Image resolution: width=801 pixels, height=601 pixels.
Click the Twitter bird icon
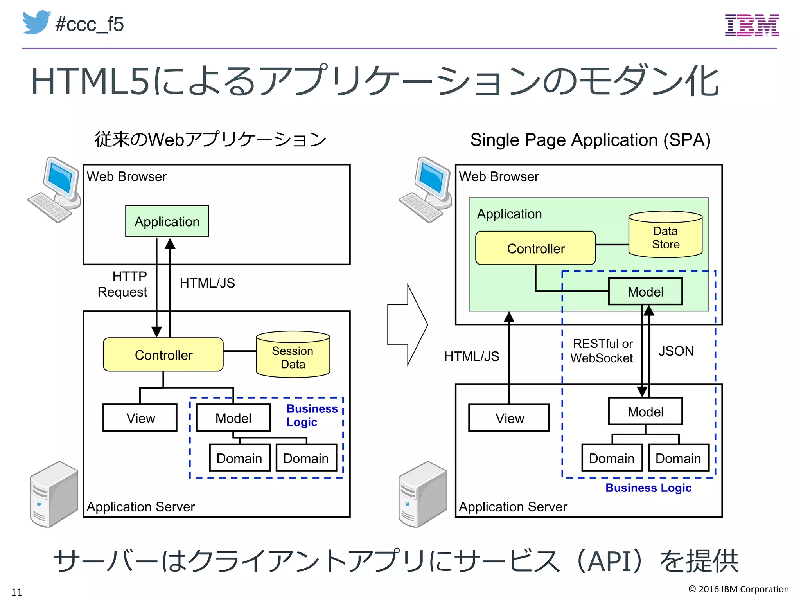36,22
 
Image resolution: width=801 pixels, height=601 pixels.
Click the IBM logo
751,25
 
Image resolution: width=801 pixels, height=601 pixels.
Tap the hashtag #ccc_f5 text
90,24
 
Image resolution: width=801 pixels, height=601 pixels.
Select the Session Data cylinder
293,355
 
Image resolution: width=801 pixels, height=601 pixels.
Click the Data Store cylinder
665,235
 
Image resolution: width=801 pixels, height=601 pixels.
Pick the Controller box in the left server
163,355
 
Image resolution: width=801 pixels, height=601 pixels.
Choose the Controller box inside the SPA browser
535,248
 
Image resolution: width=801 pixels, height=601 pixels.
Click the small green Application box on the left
167,221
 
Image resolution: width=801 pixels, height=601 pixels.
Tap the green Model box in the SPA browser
645,292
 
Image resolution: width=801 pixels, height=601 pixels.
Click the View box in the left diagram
140,418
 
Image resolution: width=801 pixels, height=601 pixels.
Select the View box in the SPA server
509,418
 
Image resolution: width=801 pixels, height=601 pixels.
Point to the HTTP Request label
123,284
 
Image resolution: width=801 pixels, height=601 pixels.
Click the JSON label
676,351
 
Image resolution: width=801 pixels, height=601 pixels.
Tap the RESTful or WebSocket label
602,351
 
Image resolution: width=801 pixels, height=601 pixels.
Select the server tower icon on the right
422,494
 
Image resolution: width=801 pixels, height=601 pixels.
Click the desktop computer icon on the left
56,190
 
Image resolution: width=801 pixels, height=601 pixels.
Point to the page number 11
16,592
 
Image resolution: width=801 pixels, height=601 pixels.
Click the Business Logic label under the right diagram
648,488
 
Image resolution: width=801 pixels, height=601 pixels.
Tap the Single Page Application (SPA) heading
590,140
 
